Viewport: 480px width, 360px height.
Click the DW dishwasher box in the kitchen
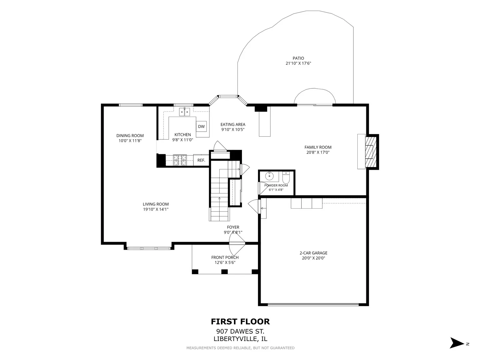pos(201,126)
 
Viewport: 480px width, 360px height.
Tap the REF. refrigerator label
pos(201,160)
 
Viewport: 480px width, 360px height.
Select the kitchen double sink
pos(185,112)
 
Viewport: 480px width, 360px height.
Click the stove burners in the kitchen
pos(180,160)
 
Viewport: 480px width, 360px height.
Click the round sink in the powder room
pos(269,176)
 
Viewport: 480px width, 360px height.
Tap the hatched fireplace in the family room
pos(371,152)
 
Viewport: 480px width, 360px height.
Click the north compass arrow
pos(456,343)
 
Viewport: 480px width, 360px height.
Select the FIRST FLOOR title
pos(240,322)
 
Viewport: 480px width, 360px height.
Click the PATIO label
pos(298,58)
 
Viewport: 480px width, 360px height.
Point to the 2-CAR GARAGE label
pos(313,253)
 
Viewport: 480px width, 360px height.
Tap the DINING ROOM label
pos(130,136)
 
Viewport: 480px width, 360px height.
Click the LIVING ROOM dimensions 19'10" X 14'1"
pos(156,209)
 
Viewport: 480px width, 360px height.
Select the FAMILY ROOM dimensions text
pos(318,152)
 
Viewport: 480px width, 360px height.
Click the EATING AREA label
pos(233,124)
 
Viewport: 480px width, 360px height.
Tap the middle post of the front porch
pos(224,272)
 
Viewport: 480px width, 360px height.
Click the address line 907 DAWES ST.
pos(240,331)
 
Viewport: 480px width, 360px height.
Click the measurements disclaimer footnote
pos(240,348)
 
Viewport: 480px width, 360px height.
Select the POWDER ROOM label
pos(276,185)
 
